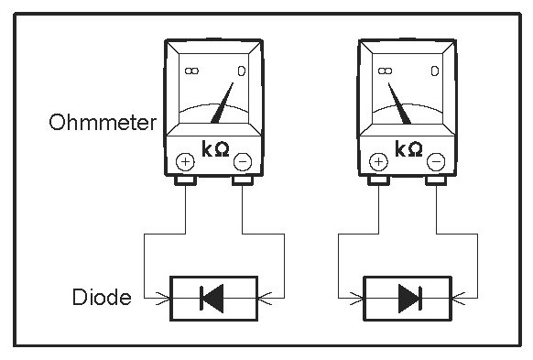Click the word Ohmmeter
[103, 122]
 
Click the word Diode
[102, 297]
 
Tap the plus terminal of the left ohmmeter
[185, 161]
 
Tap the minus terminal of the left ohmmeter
[243, 161]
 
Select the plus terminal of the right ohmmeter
[378, 161]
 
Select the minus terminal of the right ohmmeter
[436, 161]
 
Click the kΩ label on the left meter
[215, 148]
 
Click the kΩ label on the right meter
[408, 148]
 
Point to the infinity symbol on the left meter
[191, 71]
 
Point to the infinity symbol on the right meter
[386, 71]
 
